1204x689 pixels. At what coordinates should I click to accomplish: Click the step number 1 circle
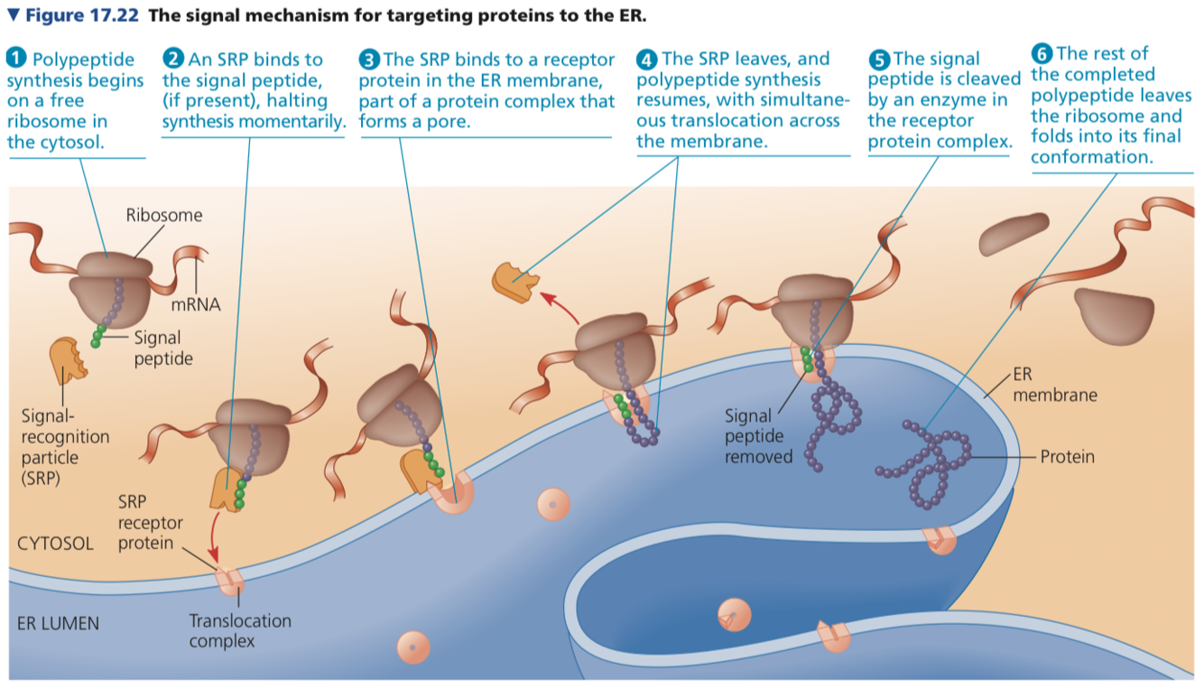[x=17, y=60]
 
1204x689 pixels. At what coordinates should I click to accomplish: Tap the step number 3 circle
[x=368, y=60]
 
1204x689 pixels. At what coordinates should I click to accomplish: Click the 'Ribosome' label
[x=164, y=215]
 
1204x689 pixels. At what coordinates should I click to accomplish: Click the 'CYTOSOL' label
[x=55, y=544]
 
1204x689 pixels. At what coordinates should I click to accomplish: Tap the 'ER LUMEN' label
[x=58, y=623]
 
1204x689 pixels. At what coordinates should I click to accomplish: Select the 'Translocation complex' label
[x=240, y=630]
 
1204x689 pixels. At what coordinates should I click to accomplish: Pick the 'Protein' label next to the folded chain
[x=1067, y=457]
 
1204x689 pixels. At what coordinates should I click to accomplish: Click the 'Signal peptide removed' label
[x=758, y=436]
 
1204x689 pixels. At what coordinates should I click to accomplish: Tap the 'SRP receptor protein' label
[x=150, y=522]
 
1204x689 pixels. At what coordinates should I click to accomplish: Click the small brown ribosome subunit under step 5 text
[x=1010, y=236]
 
